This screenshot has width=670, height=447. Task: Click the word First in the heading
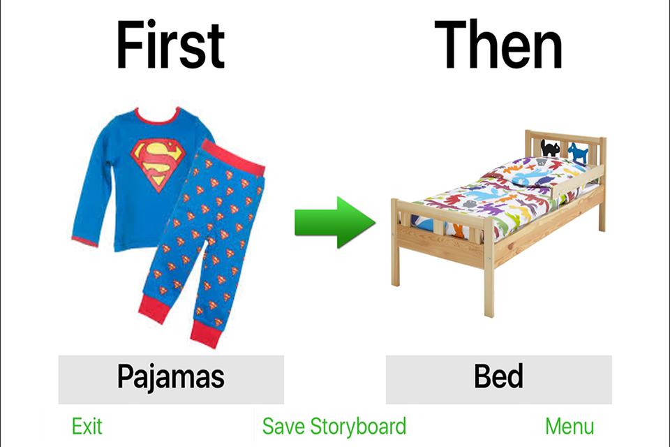(170, 45)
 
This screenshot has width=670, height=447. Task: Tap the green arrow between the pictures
(335, 222)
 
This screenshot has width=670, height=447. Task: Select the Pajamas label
(171, 377)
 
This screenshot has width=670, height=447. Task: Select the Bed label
(498, 376)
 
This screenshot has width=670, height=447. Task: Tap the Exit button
(87, 426)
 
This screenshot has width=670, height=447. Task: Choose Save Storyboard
(334, 426)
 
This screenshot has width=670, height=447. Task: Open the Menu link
(569, 426)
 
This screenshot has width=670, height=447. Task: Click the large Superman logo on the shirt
(158, 165)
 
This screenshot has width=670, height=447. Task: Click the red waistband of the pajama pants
(233, 157)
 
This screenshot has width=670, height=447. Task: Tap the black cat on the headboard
(551, 148)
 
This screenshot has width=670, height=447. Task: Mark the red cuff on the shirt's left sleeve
(84, 241)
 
